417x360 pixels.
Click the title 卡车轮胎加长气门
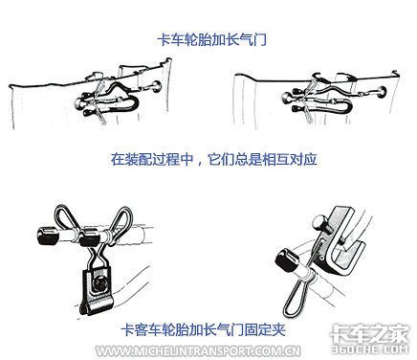click(x=211, y=40)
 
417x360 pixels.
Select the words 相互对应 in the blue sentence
click(x=290, y=159)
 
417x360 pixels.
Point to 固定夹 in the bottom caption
click(x=265, y=329)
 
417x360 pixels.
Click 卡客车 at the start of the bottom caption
click(x=142, y=329)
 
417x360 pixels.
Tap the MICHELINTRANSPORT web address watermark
click(x=198, y=351)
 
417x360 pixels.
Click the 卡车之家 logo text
click(x=369, y=334)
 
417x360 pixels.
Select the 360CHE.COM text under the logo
click(x=370, y=349)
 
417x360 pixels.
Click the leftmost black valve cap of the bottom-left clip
click(x=48, y=236)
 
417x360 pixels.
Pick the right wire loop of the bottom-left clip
click(x=121, y=218)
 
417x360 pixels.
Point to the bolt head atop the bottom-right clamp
click(x=319, y=222)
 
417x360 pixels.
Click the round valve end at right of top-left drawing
click(x=156, y=86)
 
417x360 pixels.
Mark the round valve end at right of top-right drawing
click(x=381, y=93)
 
